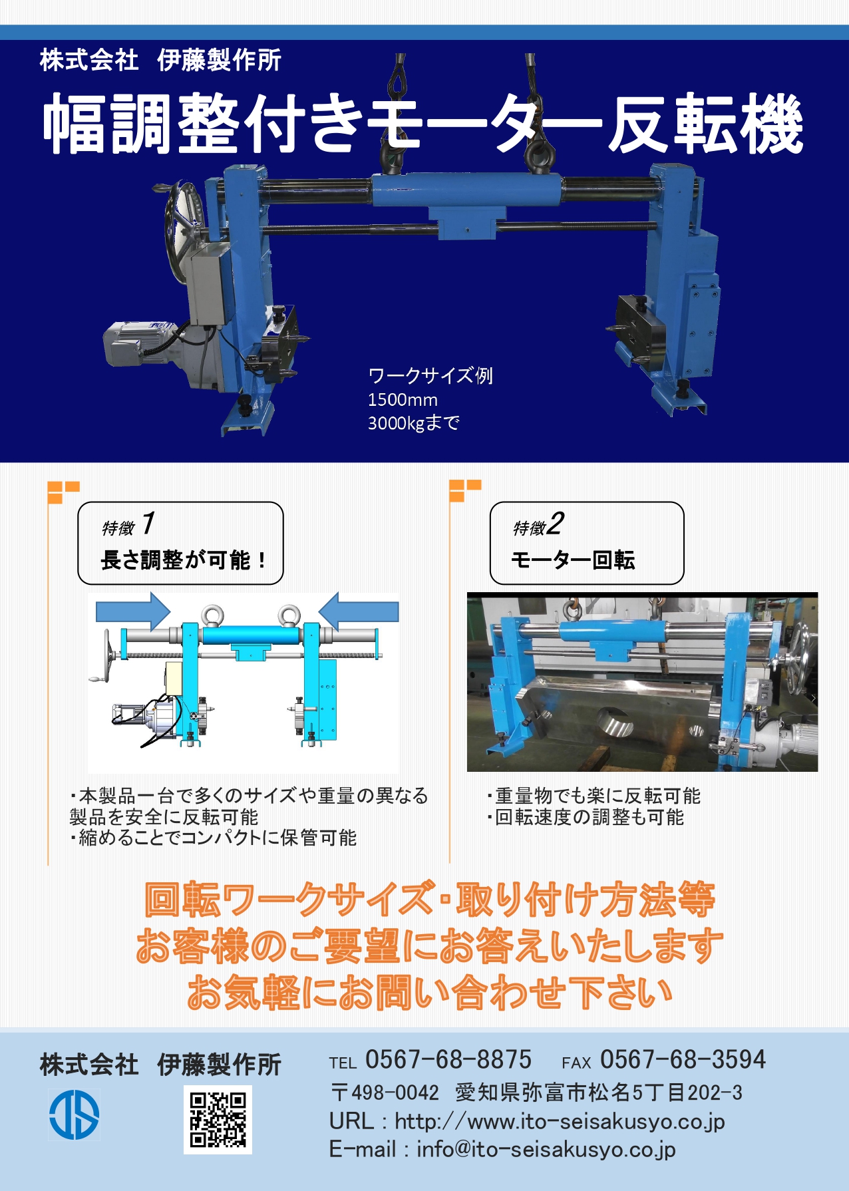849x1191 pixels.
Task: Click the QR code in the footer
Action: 218,1120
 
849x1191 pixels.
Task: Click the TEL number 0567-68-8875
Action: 448,1060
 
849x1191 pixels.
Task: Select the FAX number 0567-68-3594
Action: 683,1060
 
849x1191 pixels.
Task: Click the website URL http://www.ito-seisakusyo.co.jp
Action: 560,1122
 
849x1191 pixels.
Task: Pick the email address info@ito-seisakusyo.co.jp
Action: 546,1150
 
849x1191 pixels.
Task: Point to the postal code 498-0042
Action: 395,1093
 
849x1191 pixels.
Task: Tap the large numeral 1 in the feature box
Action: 148,523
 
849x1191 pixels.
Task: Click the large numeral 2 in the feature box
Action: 556,523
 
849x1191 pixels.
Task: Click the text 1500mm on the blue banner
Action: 403,400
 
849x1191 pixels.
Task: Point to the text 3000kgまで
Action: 413,423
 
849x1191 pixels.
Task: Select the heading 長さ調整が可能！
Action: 184,560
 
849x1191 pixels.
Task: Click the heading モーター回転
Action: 573,560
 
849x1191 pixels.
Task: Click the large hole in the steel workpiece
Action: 615,723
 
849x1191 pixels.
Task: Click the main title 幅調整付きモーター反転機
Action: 423,124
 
